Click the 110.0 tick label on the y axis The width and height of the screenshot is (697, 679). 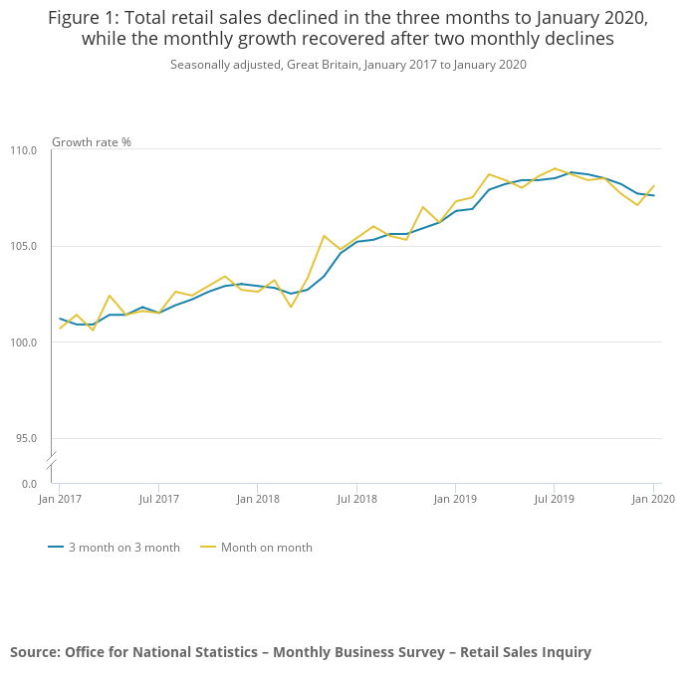23,150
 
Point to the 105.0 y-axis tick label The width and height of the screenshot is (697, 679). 23,247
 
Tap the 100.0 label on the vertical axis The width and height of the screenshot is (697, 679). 23,342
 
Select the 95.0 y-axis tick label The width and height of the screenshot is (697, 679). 26,438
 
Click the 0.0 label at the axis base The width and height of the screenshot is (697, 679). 29,484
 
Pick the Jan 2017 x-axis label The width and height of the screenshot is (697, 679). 59,498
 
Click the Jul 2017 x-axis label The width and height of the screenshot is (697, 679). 158,498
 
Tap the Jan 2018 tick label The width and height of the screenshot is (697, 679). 257,498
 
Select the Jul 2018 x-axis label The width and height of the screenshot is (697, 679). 356,498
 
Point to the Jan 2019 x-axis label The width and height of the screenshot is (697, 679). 455,498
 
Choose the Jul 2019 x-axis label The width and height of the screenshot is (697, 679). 555,498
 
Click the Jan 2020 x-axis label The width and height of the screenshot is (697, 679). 652,498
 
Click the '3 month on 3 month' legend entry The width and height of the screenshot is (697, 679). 114,548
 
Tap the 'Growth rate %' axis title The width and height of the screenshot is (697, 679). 92,142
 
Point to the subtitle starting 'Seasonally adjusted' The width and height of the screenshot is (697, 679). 348,65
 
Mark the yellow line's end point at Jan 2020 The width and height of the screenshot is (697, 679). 653,185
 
